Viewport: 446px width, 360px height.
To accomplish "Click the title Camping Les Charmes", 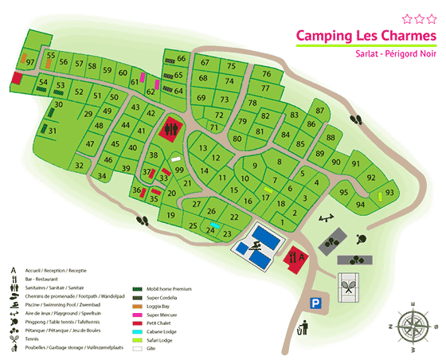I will point(366,36).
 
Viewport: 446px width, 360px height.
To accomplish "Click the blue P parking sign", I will point(316,303).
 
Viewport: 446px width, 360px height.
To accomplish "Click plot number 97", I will point(30,62).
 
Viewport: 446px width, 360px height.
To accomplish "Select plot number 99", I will point(179,170).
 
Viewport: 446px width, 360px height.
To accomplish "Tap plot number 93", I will point(389,193).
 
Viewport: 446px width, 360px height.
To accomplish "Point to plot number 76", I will point(266,74).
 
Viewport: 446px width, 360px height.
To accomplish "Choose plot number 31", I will point(52,130).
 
